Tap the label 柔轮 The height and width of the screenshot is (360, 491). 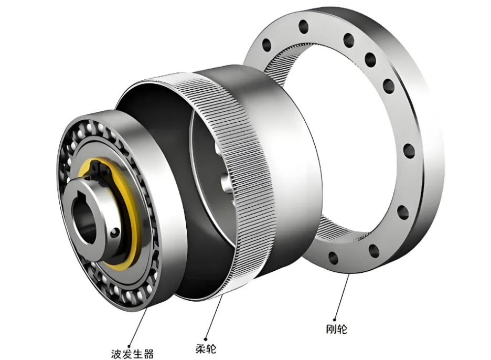click(x=206, y=348)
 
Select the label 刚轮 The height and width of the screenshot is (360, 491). click(x=337, y=329)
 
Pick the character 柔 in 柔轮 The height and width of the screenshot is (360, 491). click(x=201, y=348)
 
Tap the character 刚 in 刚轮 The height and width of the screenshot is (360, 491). click(x=332, y=329)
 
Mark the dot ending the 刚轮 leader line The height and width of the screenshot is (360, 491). click(x=335, y=319)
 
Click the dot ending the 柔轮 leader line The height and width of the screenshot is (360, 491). click(x=206, y=338)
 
